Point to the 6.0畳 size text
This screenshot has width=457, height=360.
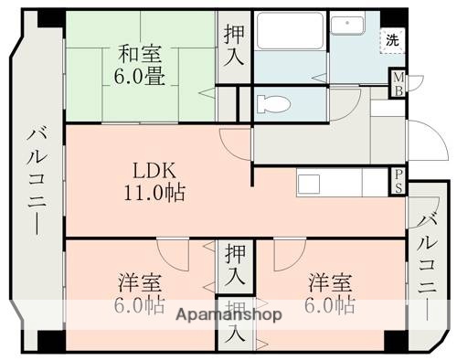point(140,77)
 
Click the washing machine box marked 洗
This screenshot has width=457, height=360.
point(391,39)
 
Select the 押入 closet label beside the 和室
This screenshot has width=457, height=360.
point(234,44)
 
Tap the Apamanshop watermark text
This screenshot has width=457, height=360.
point(228,313)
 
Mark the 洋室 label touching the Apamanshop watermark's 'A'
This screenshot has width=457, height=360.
point(139,293)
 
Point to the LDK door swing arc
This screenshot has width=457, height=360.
point(234,143)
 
